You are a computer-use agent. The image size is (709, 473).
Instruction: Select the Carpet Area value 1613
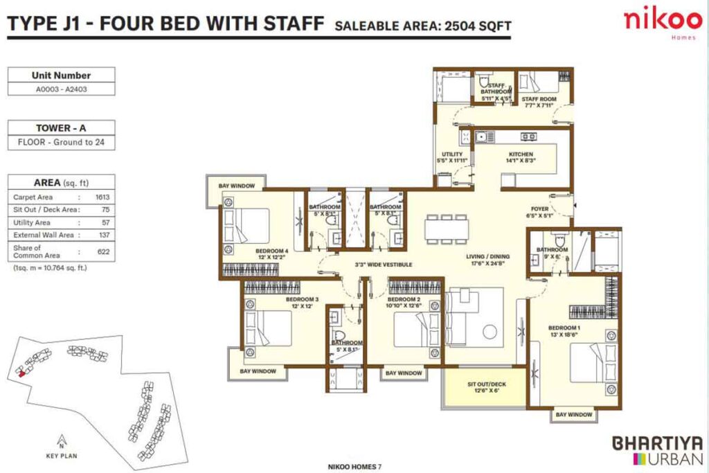103,197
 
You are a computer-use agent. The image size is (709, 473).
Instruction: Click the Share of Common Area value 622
103,252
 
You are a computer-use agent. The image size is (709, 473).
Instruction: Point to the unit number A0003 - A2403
61,89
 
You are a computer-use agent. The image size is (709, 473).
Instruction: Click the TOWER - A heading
61,128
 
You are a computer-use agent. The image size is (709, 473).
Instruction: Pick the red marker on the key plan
22,373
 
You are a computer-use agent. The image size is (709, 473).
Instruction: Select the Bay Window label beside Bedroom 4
237,186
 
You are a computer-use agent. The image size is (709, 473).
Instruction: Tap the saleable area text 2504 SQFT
422,26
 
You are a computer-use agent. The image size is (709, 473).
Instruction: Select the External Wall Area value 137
103,235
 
